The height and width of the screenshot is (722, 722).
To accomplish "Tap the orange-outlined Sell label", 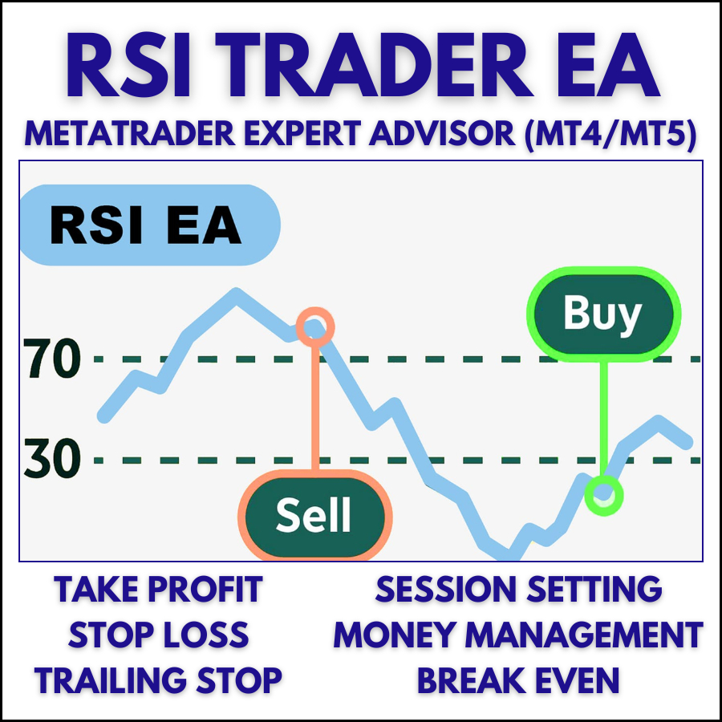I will click(314, 514).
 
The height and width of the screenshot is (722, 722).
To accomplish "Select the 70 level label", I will click(53, 359).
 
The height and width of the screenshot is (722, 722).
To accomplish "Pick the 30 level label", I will click(53, 460).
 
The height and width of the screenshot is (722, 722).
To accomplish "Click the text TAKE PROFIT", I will click(158, 590).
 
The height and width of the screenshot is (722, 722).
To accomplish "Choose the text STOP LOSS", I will click(158, 635).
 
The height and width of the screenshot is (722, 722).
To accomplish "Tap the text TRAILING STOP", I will click(158, 680).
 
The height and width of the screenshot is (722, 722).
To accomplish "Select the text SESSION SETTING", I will click(518, 590).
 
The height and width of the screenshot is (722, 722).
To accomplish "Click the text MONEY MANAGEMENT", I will click(518, 635).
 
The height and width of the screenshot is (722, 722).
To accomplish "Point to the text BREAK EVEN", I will click(518, 680).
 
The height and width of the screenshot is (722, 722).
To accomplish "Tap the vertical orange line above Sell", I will click(314, 409).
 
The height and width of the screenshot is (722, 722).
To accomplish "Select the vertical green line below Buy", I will click(603, 417).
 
